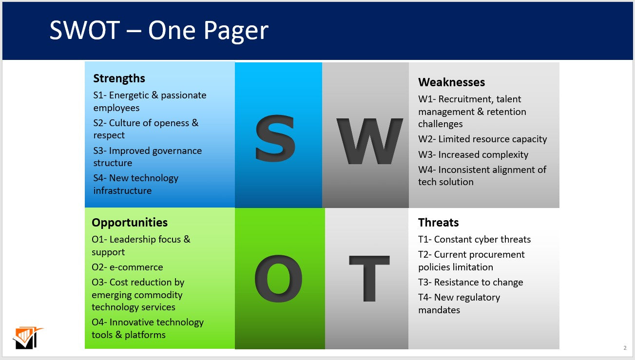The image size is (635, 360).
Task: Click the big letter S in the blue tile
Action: pyautogui.click(x=275, y=139)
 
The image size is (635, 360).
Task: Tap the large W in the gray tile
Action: pyautogui.click(x=369, y=141)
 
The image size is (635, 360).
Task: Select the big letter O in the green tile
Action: pyautogui.click(x=278, y=278)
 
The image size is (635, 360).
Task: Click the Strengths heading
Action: pyautogui.click(x=119, y=78)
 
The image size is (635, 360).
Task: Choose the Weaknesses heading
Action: pyautogui.click(x=452, y=82)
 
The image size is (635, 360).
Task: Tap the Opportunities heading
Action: pyautogui.click(x=130, y=223)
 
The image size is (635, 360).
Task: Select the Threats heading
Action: pyautogui.click(x=438, y=223)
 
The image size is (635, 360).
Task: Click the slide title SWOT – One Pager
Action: pyautogui.click(x=159, y=30)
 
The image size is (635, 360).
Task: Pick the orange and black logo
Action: pyautogui.click(x=27, y=338)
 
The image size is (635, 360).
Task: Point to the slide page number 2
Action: pyautogui.click(x=625, y=348)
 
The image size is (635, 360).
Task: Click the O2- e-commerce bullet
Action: pyautogui.click(x=127, y=267)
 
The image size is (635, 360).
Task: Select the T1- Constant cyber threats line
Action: pyautogui.click(x=474, y=240)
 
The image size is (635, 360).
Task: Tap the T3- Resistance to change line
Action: pyautogui.click(x=471, y=283)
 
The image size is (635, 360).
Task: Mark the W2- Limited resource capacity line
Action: pyautogui.click(x=482, y=139)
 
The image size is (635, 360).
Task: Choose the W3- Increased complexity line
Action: pyautogui.click(x=473, y=155)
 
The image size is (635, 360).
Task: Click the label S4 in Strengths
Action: pyautogui.click(x=99, y=178)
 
